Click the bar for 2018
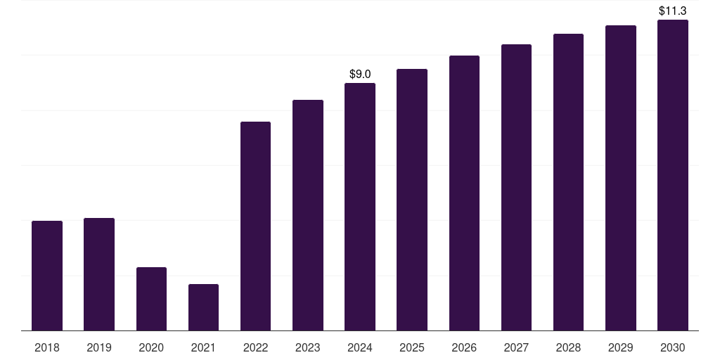tap(47, 276)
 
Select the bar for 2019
tap(99, 274)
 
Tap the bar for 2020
tap(151, 299)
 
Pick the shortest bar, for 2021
tap(203, 307)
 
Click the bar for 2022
tap(255, 226)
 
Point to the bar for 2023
tap(307, 215)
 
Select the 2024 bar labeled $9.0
tap(360, 207)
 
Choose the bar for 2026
tap(464, 193)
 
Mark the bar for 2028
tap(568, 182)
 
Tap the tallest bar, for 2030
tap(672, 175)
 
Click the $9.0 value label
tap(360, 74)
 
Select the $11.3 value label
tap(672, 11)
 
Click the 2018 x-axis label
tap(47, 347)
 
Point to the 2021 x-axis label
tap(203, 347)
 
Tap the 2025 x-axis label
tap(412, 347)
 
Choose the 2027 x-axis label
tap(516, 347)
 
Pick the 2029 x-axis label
tap(620, 347)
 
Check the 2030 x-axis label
tap(672, 347)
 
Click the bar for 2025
tap(412, 200)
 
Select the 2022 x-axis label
tap(255, 347)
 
